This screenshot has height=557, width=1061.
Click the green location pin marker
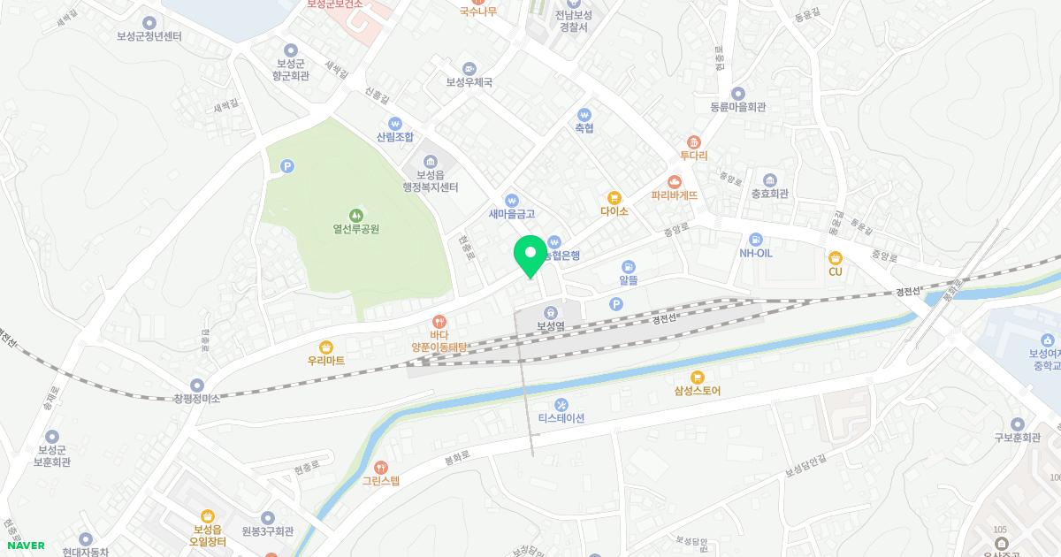coord(530,256)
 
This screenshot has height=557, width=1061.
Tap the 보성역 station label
coord(550,326)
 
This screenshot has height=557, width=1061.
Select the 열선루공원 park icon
coord(356,214)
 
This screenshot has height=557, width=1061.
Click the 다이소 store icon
coord(614,197)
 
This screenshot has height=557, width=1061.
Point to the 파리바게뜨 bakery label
coord(674,195)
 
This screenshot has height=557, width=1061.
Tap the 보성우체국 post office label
coord(469,82)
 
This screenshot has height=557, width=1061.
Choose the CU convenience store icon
coord(835,257)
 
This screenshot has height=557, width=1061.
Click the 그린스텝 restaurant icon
coord(381,467)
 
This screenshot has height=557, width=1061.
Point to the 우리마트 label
coord(326,361)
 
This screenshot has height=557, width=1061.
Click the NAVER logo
coord(26,546)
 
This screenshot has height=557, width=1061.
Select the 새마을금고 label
coord(512,214)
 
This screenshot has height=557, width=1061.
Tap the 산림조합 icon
coord(395,124)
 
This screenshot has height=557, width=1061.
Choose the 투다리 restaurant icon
coord(694,141)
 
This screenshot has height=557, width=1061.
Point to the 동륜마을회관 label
coord(737,107)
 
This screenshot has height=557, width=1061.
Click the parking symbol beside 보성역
coord(615,304)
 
